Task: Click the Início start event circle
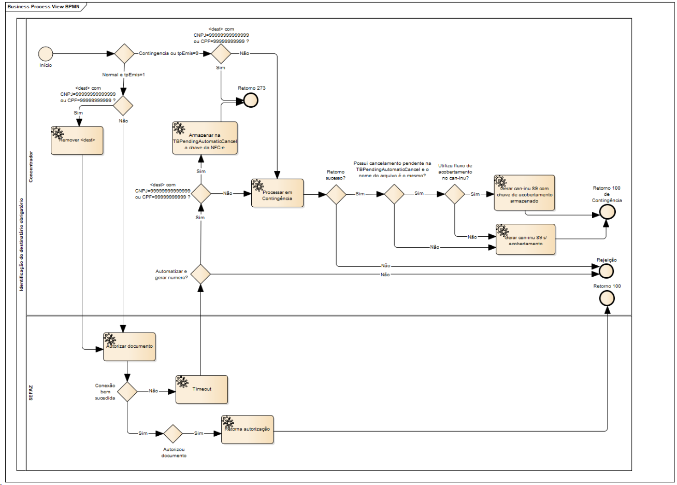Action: point(46,53)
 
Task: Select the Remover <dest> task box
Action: point(77,140)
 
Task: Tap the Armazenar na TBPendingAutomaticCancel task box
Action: point(205,138)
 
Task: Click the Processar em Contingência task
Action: point(277,193)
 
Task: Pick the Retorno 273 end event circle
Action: point(251,101)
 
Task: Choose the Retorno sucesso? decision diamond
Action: point(336,194)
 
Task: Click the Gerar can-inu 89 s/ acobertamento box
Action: point(525,239)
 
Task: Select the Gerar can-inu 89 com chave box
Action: point(524,193)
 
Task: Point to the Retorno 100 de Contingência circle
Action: point(607,212)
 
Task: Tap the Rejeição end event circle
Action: point(606,270)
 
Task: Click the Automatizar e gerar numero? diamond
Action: point(200,274)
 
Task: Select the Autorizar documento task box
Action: point(129,347)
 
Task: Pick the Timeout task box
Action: point(201,389)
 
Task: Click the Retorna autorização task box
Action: point(247,429)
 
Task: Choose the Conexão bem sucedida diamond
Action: point(127,392)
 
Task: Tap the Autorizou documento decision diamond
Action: point(173,434)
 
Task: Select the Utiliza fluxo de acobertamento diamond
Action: point(455,194)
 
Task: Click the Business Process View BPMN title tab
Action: point(44,7)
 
